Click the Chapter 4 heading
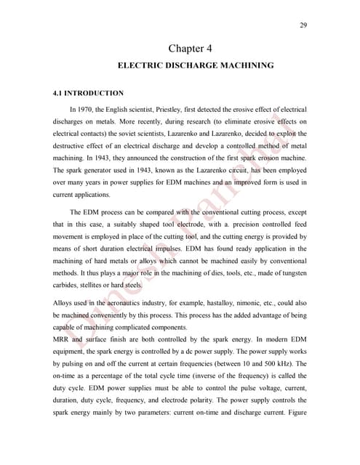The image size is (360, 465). pos(190,49)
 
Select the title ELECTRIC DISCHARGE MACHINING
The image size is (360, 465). pos(195,65)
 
